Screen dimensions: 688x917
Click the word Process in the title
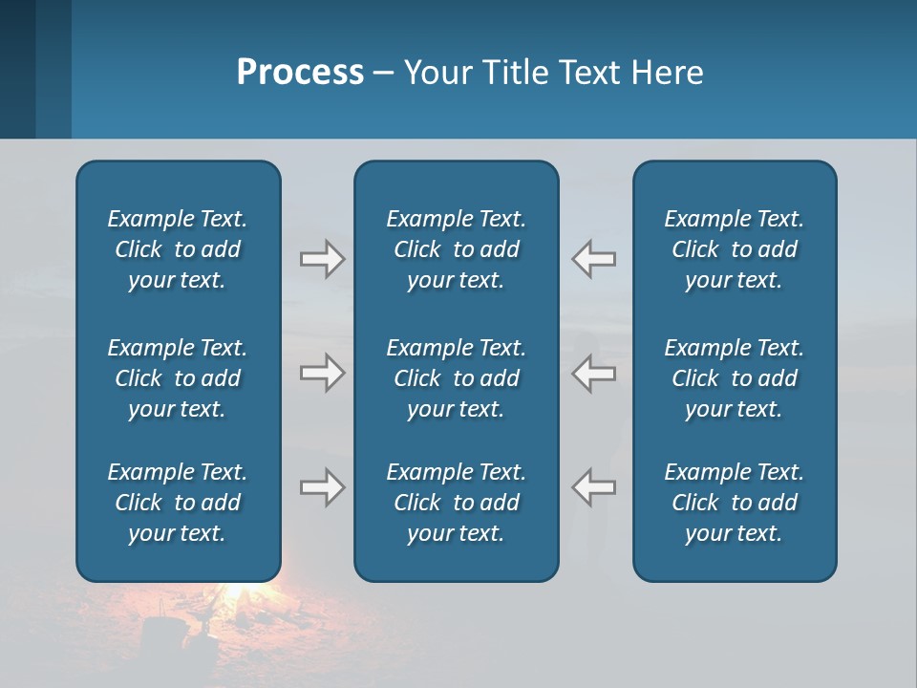tap(300, 73)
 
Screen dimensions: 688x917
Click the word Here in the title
tap(668, 73)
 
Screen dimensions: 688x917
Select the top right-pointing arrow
tap(322, 259)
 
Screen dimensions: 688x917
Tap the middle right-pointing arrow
tap(322, 373)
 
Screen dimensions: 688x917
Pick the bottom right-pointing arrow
tap(322, 487)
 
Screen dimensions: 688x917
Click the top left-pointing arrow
tap(594, 259)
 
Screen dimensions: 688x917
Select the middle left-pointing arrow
tap(594, 373)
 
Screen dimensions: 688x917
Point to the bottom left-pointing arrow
tap(594, 487)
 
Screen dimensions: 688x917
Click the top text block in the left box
tap(178, 249)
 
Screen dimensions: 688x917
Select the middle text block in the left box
tap(178, 378)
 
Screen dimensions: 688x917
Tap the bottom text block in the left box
tap(178, 503)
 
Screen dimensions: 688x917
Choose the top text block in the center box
tap(457, 249)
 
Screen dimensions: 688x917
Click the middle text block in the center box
tap(457, 378)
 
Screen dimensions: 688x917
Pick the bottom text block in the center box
tap(457, 503)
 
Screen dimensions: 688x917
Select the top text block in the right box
tap(735, 249)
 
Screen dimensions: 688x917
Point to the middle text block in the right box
tap(735, 378)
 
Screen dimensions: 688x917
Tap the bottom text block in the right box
tap(735, 503)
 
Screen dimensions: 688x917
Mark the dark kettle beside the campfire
tap(158, 635)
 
